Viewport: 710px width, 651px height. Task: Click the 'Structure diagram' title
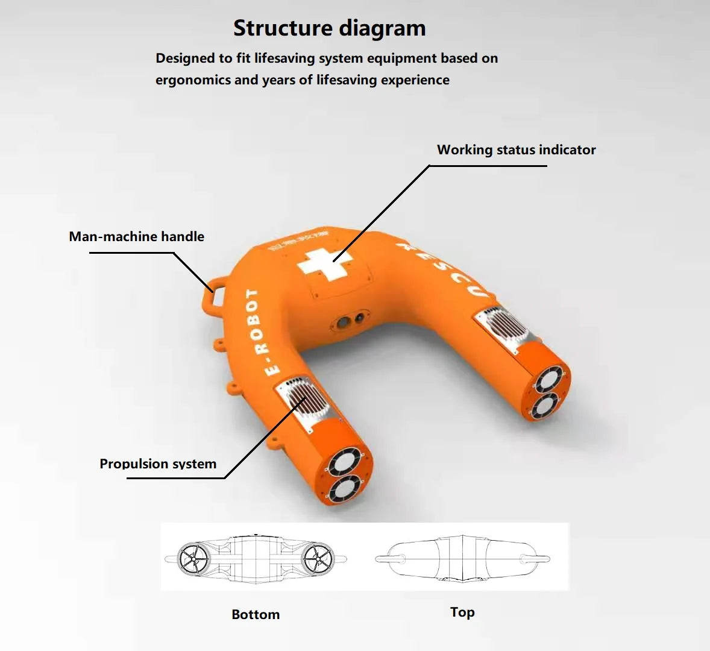pos(329,28)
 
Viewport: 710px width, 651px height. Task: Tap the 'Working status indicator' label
pos(516,150)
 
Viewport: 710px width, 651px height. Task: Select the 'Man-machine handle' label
pos(136,237)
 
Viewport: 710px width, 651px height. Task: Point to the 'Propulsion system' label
pos(158,464)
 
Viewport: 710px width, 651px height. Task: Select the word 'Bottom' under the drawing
pos(256,614)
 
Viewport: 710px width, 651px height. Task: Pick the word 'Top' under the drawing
pos(462,612)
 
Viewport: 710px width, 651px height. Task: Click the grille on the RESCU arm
pos(504,326)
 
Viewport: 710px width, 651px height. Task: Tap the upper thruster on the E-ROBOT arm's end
pos(345,463)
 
